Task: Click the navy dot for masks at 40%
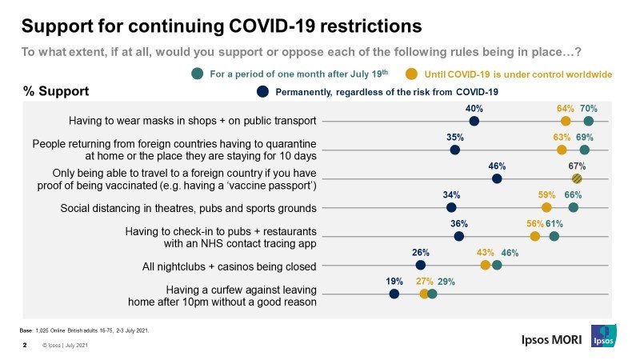[x=474, y=121]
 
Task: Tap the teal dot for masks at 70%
[x=589, y=121]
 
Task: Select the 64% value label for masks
[x=566, y=108]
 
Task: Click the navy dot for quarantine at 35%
[x=455, y=150]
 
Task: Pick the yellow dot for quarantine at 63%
[x=562, y=150]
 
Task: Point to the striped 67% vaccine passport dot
[x=577, y=178]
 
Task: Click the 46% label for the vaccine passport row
[x=497, y=166]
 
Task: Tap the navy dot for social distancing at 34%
[x=451, y=208]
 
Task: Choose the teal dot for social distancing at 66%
[x=574, y=208]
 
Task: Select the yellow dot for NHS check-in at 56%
[x=534, y=237]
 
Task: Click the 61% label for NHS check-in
[x=554, y=224]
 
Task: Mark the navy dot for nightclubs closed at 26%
[x=421, y=266]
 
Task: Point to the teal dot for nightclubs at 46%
[x=497, y=266]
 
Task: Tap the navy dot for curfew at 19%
[x=394, y=294]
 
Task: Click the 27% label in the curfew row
[x=424, y=282]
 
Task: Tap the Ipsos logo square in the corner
[x=604, y=337]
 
